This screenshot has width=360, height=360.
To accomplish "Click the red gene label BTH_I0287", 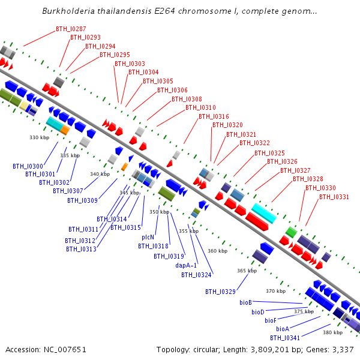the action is (71, 29).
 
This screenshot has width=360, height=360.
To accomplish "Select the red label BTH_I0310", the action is (200, 107).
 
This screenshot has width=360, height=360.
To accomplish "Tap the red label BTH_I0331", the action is (334, 197).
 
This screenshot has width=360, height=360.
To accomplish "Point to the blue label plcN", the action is (148, 237).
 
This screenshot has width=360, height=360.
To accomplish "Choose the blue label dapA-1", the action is (186, 265).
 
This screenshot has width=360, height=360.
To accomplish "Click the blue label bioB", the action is (245, 302).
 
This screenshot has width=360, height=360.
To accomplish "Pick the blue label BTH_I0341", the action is (285, 338).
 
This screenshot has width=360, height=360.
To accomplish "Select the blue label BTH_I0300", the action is (28, 166).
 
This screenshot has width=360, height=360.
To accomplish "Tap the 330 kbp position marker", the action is (39, 137).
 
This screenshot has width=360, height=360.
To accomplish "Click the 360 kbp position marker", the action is (217, 251).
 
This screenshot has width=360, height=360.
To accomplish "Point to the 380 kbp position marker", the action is (332, 332).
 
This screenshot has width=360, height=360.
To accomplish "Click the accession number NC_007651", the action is (65, 350).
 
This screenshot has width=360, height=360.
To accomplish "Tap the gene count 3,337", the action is (343, 350).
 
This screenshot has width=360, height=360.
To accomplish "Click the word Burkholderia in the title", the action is (68, 11).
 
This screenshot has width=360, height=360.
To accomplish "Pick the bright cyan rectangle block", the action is (264, 213).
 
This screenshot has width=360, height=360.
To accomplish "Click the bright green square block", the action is (291, 232).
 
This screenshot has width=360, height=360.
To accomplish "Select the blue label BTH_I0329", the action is (220, 292).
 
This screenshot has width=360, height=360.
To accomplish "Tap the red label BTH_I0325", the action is (269, 153).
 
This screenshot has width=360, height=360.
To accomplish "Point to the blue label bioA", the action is (283, 329).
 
